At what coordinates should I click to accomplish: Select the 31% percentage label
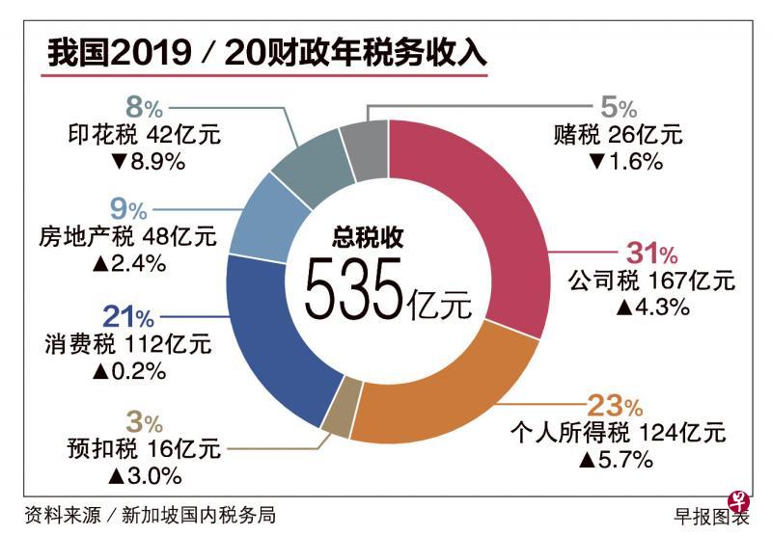[653, 254]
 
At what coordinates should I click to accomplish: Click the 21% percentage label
[127, 317]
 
